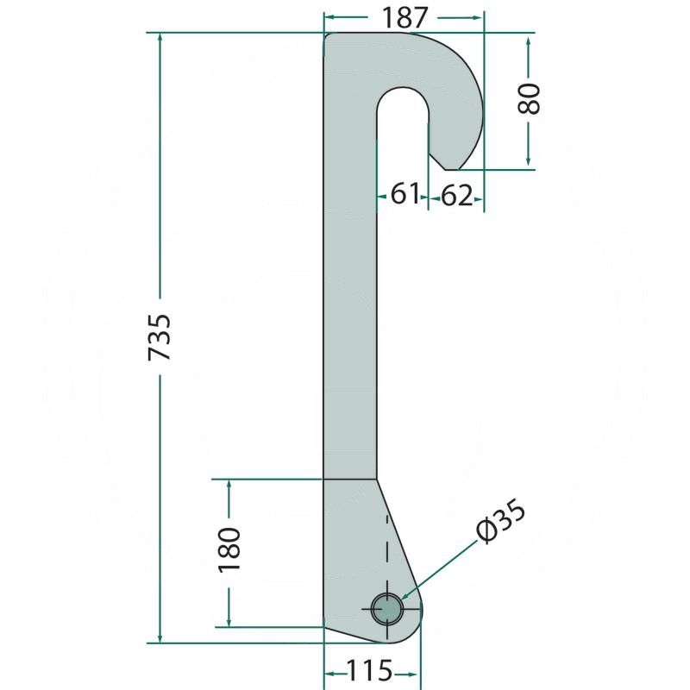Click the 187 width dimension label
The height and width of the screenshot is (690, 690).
pyautogui.click(x=403, y=16)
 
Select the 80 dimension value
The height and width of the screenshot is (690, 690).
pyautogui.click(x=529, y=99)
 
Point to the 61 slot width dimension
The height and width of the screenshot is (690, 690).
pyautogui.click(x=404, y=195)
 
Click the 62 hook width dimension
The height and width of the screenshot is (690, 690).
pyautogui.click(x=457, y=197)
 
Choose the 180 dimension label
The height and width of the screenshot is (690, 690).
pyautogui.click(x=229, y=549)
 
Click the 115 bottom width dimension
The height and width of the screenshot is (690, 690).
pyautogui.click(x=370, y=669)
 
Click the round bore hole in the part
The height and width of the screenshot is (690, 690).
pyautogui.click(x=387, y=608)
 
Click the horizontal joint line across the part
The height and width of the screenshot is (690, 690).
pyautogui.click(x=349, y=478)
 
